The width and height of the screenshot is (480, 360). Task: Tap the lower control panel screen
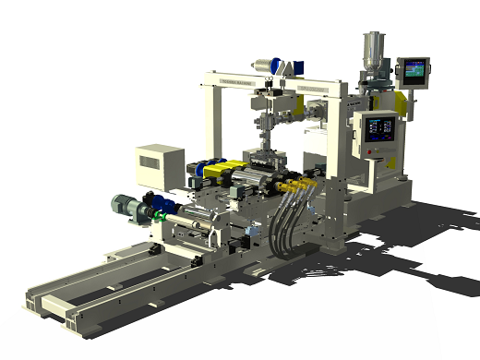click(378, 128)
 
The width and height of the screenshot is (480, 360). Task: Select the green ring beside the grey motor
click(159, 217)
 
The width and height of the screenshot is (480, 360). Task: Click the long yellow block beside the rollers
click(222, 172)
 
